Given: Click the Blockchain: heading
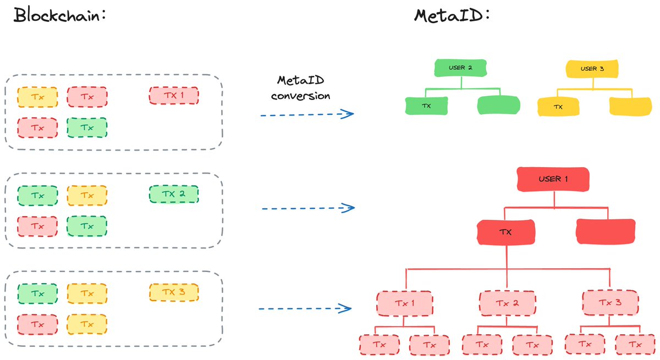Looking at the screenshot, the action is (59, 15).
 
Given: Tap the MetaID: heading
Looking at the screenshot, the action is (452, 15).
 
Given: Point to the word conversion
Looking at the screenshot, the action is (300, 96).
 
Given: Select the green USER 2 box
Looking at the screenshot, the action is (460, 68).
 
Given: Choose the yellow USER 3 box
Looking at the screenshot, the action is (592, 69).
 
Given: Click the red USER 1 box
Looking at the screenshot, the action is (553, 179).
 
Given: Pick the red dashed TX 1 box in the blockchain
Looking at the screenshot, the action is (174, 96).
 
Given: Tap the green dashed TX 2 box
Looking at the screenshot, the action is (174, 194).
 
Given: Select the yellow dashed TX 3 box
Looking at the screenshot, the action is (174, 292).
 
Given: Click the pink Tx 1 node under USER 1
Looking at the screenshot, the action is (405, 303).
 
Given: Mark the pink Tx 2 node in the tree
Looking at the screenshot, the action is (507, 303).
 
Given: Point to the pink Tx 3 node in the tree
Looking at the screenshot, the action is (610, 302).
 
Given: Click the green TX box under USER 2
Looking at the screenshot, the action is (426, 106).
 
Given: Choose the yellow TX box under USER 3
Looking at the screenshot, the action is (558, 107).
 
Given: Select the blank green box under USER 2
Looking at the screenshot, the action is (498, 105).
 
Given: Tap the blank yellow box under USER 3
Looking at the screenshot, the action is (630, 106).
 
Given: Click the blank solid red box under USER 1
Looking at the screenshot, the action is (606, 231).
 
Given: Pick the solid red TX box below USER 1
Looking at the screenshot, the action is (505, 232).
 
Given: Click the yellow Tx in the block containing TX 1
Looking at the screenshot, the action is (37, 97).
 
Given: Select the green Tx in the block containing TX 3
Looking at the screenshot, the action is (37, 293).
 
